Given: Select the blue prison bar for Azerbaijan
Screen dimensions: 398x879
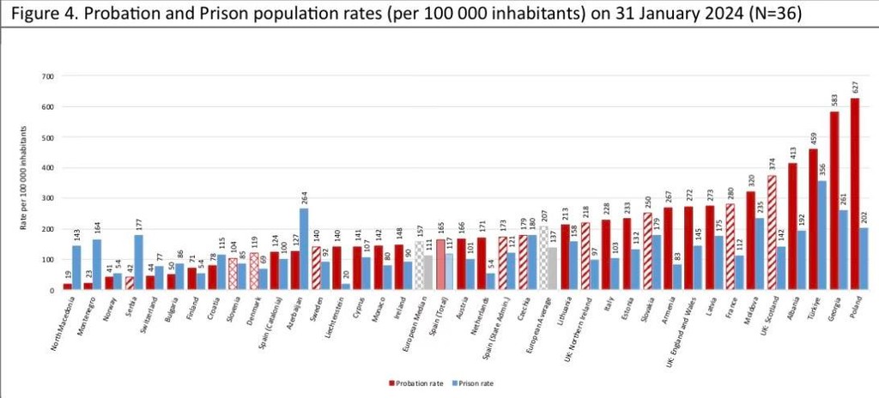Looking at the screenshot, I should pyautogui.click(x=304, y=249).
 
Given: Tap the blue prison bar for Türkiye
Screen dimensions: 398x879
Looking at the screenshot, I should pyautogui.click(x=822, y=235).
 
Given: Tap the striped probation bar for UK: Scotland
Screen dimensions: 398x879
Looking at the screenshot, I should pyautogui.click(x=771, y=232).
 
